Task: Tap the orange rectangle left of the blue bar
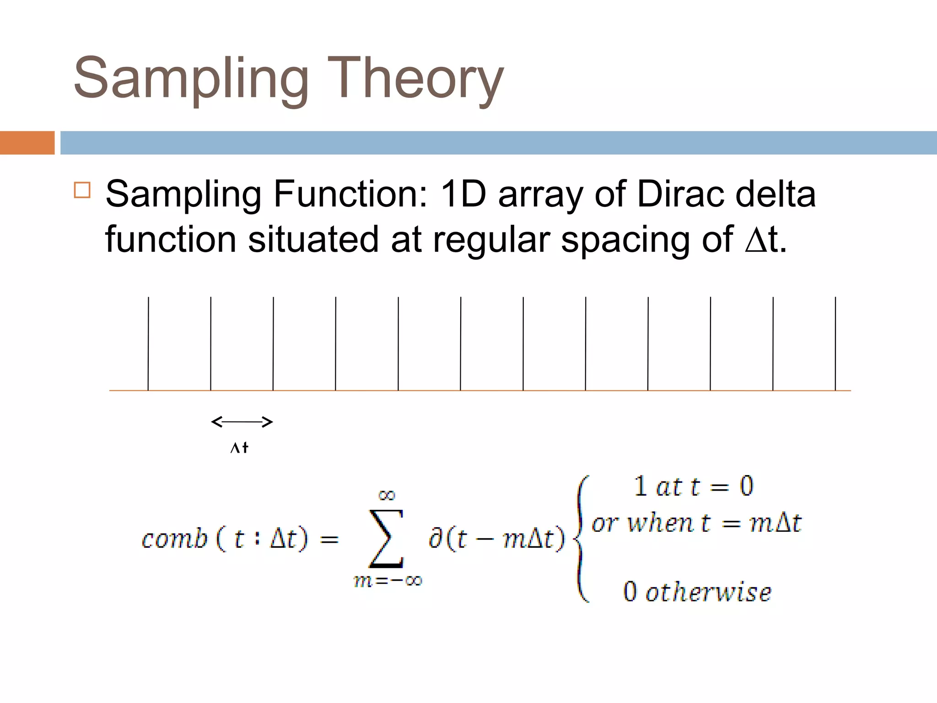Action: tap(27, 143)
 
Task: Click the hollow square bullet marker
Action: tap(82, 189)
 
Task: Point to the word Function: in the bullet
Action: tap(350, 194)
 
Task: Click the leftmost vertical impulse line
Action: tap(148, 343)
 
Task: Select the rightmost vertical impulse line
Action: tap(835, 343)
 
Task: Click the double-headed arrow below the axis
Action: tap(242, 422)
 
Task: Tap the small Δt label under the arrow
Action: tap(239, 447)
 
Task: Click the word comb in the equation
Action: tap(174, 539)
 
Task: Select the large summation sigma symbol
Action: tap(387, 539)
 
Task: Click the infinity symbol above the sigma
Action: tap(387, 495)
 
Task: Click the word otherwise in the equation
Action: tap(708, 592)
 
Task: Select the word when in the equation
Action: tap(660, 523)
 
